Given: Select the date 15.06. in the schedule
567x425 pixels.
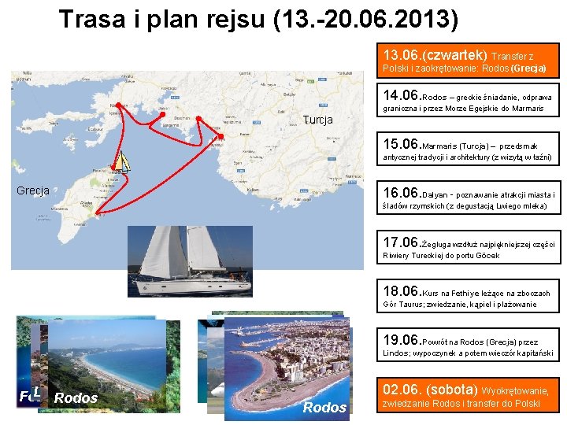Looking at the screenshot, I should (402, 145).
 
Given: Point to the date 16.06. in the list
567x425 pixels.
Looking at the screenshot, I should (402, 194).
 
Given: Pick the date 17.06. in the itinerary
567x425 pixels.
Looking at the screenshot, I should (402, 242).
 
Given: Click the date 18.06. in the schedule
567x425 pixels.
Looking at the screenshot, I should (402, 292).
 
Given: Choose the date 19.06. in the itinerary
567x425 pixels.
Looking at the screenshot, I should (402, 341).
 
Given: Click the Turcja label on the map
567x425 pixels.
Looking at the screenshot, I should (317, 120).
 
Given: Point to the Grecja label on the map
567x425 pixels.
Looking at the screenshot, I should (33, 190).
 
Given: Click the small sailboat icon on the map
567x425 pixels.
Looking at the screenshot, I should (121, 161).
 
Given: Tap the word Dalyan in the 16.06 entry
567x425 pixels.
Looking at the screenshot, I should (436, 195).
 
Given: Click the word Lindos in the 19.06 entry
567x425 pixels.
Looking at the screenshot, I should (396, 353).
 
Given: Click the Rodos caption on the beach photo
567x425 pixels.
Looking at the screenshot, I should (76, 398).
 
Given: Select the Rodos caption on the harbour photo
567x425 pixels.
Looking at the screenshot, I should (324, 407).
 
